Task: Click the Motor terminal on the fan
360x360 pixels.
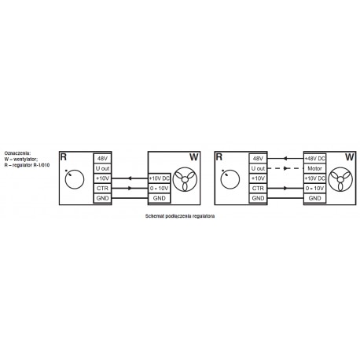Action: click(314, 168)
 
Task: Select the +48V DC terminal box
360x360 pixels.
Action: click(314, 159)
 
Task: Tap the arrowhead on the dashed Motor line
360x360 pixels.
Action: click(286, 168)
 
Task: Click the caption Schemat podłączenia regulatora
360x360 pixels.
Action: click(180, 216)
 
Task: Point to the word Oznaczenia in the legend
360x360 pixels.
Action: click(17, 152)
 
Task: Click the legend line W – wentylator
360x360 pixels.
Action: click(21, 159)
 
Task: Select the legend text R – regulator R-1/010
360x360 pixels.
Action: click(27, 165)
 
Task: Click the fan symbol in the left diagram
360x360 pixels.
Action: click(185, 179)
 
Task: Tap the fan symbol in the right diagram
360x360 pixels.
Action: click(340, 179)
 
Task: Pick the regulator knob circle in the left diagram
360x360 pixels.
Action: click(75, 179)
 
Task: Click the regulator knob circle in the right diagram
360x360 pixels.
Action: click(230, 179)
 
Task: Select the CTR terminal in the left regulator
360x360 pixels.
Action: click(102, 189)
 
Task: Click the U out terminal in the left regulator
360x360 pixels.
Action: click(102, 168)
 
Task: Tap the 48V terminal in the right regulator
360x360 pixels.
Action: click(258, 159)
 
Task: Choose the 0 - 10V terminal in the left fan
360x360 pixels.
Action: click(160, 189)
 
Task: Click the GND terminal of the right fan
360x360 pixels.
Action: click(314, 198)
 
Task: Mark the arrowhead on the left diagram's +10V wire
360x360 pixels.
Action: click(129, 178)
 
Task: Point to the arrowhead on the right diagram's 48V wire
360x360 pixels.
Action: click(285, 159)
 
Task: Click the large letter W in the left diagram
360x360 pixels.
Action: click(193, 157)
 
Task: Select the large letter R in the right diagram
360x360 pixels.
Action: click(219, 157)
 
